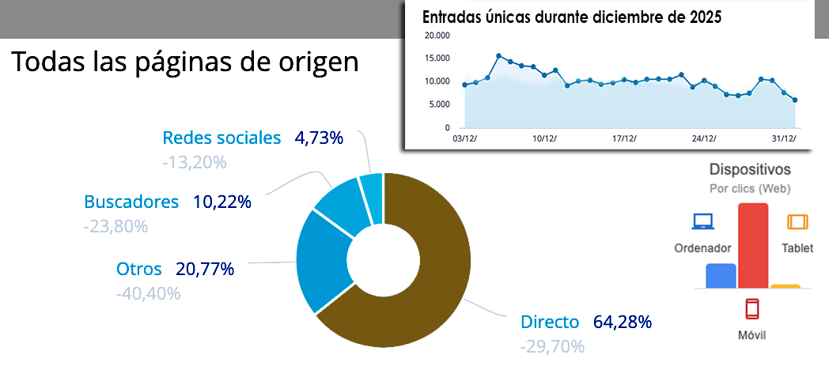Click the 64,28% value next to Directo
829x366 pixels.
point(623,322)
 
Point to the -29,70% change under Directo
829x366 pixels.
point(552,346)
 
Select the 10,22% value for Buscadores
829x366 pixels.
point(221,202)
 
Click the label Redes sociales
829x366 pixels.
point(221,138)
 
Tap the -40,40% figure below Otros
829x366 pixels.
point(148,293)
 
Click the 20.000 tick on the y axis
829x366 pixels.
point(437,36)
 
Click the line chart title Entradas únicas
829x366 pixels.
point(571,17)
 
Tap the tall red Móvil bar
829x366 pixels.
point(753,245)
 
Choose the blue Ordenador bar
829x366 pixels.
point(721,276)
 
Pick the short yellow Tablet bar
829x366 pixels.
point(785,286)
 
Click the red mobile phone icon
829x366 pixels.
point(753,308)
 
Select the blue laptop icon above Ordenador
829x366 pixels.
point(702,222)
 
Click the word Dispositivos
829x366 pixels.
point(750,169)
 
